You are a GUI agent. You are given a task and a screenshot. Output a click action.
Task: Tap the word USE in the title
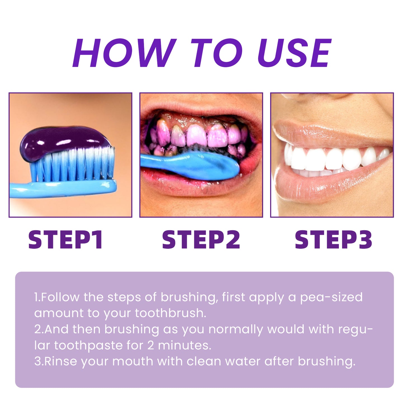click(x=294, y=53)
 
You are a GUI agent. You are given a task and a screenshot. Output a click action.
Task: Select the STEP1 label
click(x=66, y=240)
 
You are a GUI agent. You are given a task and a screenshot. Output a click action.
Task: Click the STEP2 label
click(x=201, y=240)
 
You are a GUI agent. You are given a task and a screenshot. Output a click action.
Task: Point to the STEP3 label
click(x=333, y=240)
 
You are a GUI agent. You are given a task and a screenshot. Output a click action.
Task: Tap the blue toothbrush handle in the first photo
click(x=56, y=189)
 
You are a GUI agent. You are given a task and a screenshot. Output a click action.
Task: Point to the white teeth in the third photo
click(x=330, y=159)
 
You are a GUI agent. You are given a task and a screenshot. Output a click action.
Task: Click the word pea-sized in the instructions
click(x=331, y=297)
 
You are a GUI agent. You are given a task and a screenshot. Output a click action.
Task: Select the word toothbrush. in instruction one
click(x=171, y=313)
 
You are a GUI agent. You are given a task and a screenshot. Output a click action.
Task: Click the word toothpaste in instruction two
click(x=88, y=346)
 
